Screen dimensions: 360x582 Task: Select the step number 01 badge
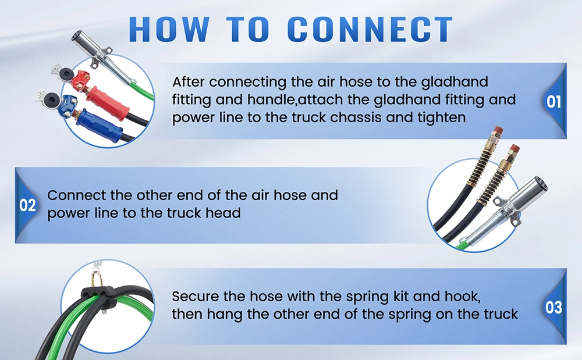[553, 102]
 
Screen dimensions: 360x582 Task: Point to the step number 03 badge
[553, 306]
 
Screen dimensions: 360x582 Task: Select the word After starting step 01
[190, 81]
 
